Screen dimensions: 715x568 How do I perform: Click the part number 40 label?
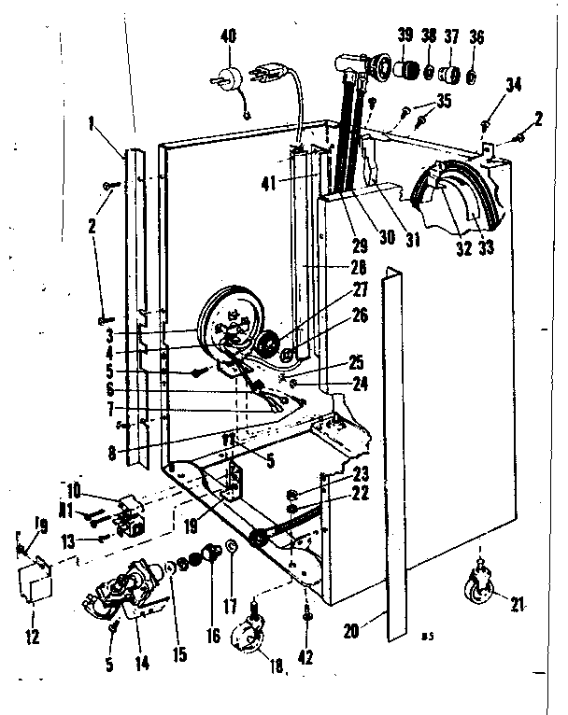point(228,38)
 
